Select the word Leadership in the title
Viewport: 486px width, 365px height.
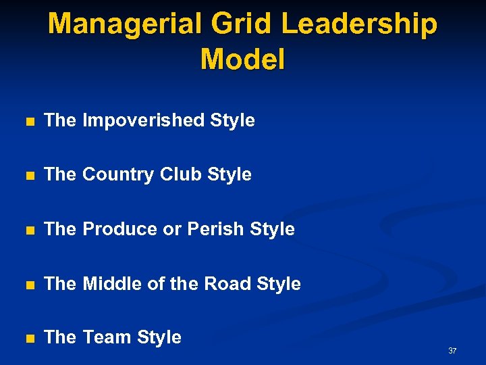coord(360,25)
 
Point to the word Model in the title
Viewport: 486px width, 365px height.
coord(243,59)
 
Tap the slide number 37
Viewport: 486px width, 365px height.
coord(452,351)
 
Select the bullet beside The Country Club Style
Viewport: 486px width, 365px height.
coord(28,176)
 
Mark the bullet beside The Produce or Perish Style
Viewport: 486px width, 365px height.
coord(28,230)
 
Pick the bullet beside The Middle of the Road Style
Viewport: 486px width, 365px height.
coord(28,285)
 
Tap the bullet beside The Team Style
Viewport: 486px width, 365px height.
coord(28,338)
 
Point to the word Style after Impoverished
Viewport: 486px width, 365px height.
coord(233,121)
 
